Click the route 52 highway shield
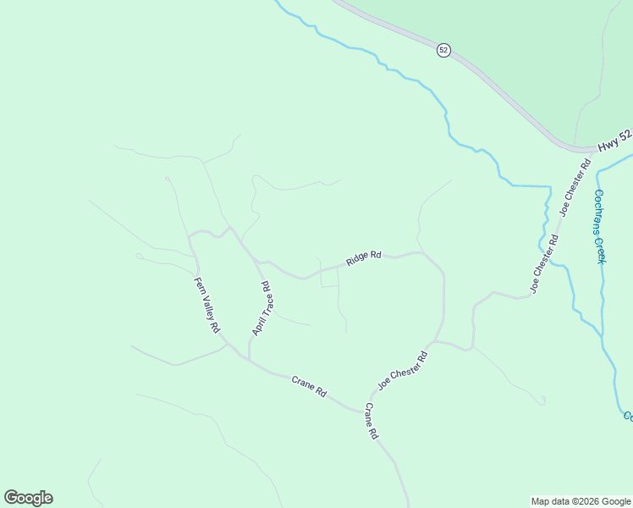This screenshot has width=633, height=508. [443, 50]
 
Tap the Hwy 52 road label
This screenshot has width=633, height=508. [614, 139]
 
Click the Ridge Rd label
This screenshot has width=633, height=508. [363, 257]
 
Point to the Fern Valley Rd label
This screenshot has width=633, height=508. [206, 306]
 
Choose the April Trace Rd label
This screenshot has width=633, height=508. [261, 307]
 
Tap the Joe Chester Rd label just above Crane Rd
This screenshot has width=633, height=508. [403, 370]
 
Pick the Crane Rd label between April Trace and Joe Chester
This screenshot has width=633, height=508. [309, 386]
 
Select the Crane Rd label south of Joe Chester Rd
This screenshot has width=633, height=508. [371, 421]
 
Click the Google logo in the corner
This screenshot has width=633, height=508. [28, 498]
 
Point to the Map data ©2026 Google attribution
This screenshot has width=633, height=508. [580, 501]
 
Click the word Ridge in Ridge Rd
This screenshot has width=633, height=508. [356, 258]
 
